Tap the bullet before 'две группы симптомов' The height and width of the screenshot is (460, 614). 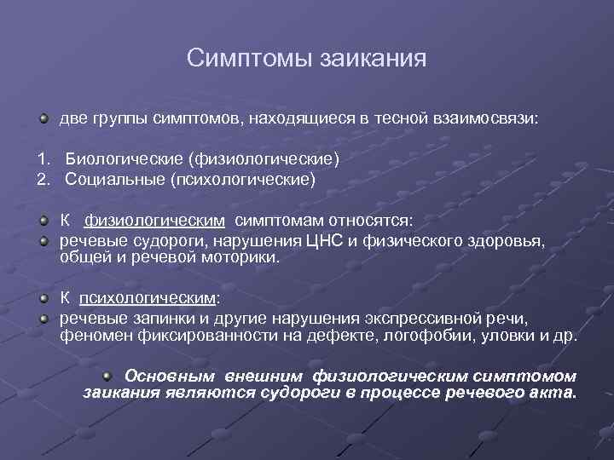(43, 118)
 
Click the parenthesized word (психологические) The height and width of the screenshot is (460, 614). (242, 180)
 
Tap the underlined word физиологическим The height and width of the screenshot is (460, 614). (154, 221)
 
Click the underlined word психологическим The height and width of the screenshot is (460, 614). (148, 298)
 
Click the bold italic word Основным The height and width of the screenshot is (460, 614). (171, 376)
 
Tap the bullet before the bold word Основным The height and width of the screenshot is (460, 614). (107, 375)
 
